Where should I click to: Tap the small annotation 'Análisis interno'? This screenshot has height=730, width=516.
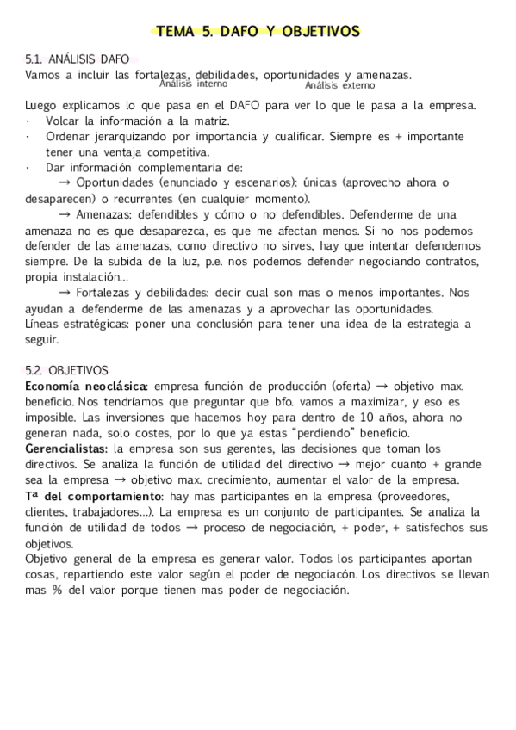(194, 84)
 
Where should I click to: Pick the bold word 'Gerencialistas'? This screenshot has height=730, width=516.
(66, 449)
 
